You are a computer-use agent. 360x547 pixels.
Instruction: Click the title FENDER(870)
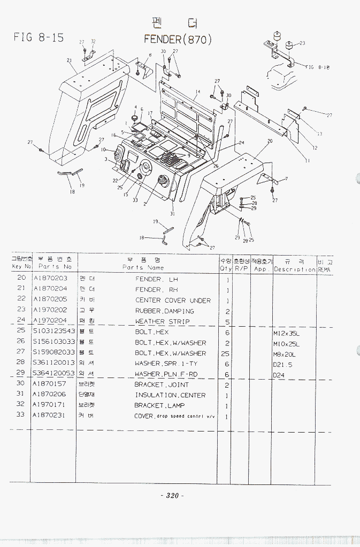pyautogui.click(x=178, y=40)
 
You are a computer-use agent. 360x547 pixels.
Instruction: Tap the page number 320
pyautogui.click(x=172, y=496)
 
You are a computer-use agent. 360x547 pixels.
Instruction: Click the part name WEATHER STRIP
pyautogui.click(x=162, y=322)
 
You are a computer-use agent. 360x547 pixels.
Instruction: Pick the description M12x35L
pyautogui.click(x=288, y=333)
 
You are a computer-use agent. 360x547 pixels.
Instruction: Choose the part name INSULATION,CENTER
pyautogui.click(x=170, y=395)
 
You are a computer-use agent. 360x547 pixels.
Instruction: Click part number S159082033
pyautogui.click(x=53, y=353)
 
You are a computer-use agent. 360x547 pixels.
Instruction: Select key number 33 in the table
pyautogui.click(x=21, y=415)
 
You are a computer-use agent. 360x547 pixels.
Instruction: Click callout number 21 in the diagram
pyautogui.click(x=69, y=60)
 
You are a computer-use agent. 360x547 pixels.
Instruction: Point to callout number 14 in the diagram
pyautogui.click(x=197, y=92)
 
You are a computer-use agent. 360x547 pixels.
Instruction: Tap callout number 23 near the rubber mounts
pyautogui.click(x=302, y=43)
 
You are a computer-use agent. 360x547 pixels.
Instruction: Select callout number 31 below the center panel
pyautogui.click(x=172, y=213)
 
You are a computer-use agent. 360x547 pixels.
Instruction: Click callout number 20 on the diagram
pyautogui.click(x=270, y=141)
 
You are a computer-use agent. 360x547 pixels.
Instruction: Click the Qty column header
pyautogui.click(x=225, y=265)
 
